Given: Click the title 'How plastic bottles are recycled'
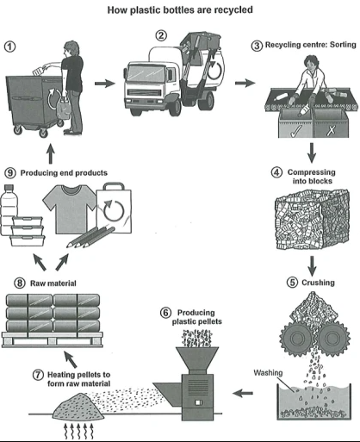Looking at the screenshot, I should pos(180,11).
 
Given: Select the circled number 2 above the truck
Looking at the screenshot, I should pos(160,36).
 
